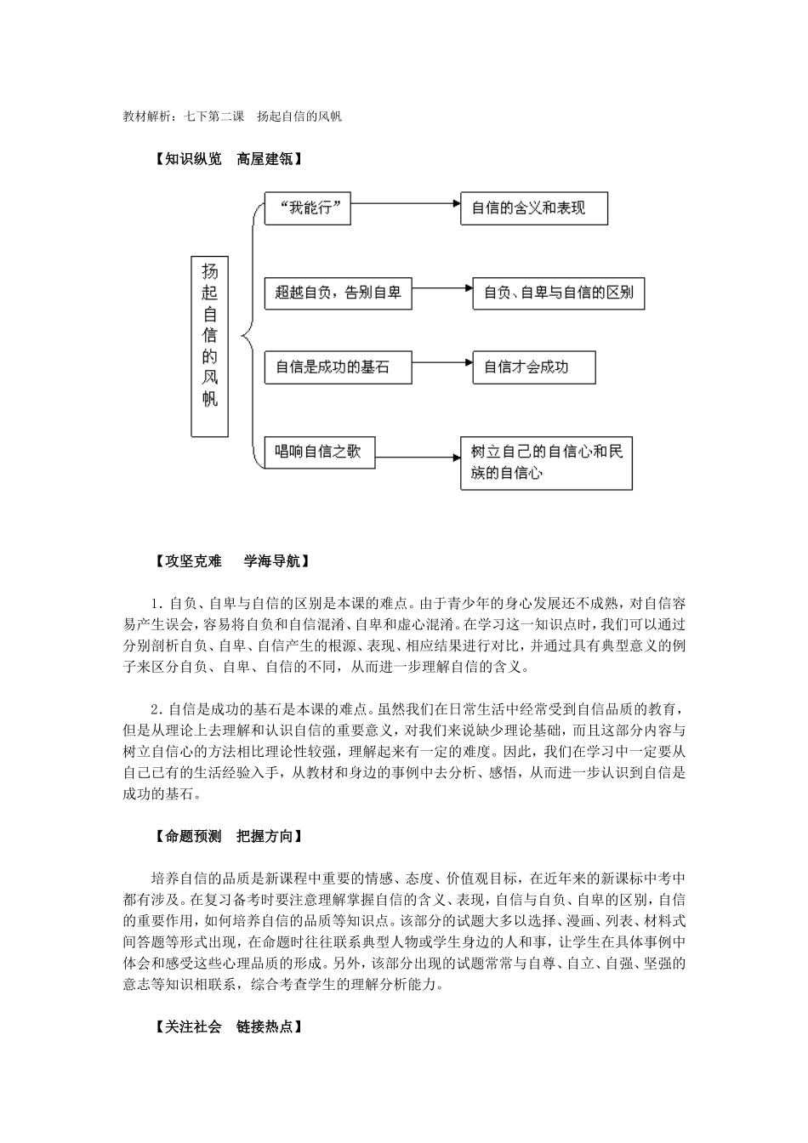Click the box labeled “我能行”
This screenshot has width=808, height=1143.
click(308, 208)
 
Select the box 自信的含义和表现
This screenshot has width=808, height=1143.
click(533, 208)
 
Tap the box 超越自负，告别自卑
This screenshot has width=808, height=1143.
click(338, 293)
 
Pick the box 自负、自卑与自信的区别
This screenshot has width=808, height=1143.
click(558, 293)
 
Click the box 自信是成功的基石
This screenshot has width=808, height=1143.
click(338, 367)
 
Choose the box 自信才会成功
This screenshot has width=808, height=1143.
click(533, 367)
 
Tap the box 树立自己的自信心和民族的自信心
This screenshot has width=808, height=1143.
click(546, 463)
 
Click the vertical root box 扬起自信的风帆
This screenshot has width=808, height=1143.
click(209, 346)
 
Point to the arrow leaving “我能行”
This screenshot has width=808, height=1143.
click(406, 204)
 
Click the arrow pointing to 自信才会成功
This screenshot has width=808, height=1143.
click(442, 363)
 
